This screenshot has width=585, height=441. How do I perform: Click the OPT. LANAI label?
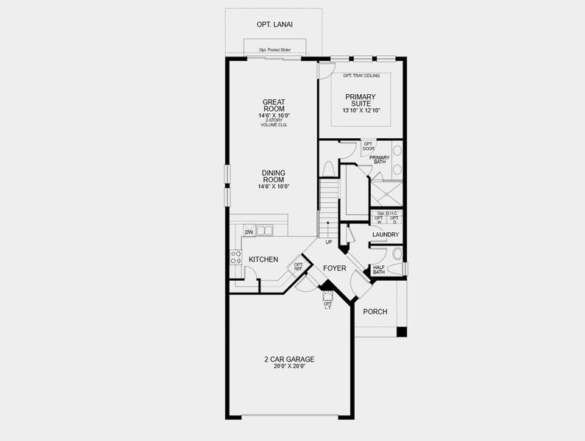coord(274,24)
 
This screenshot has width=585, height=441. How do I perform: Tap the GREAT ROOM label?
coord(273,106)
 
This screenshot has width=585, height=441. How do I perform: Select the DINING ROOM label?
coord(273,176)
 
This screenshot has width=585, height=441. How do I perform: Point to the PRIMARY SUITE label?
coord(360,101)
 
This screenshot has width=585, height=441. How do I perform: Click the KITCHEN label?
coord(263,259)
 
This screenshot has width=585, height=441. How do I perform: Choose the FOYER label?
coord(335,268)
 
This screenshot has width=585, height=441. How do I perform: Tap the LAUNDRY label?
coord(386,235)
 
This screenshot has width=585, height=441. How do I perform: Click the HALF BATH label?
coord(379,270)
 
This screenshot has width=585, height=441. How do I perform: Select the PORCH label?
coord(375,312)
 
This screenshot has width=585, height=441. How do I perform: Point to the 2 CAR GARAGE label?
coord(289,359)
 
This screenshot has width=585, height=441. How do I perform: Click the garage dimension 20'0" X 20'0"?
coord(289,367)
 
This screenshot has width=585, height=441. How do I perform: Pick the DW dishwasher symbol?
coord(249,232)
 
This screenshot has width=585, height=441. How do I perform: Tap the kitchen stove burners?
coord(236,257)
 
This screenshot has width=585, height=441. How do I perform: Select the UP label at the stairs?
coord(328,242)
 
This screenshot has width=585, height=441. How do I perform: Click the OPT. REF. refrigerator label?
coord(299,267)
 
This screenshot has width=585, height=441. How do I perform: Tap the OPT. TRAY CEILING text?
coord(361,76)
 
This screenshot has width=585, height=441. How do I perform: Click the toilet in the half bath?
coord(397,254)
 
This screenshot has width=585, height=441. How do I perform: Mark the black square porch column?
coord(401,332)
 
